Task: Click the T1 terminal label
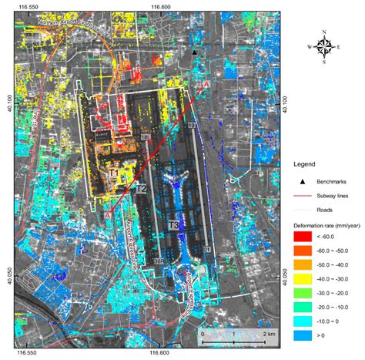[x=113, y=174]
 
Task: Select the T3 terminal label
[x=174, y=224]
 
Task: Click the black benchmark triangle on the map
[x=196, y=52]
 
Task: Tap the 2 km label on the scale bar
[x=269, y=333]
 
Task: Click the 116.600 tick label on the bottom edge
[x=159, y=354]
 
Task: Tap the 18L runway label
[x=146, y=137]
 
